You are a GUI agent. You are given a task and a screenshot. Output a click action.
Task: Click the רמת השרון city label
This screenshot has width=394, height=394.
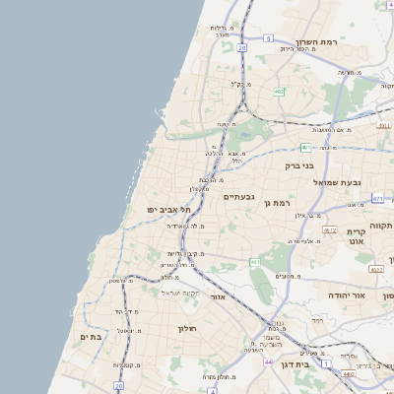pos(316,43)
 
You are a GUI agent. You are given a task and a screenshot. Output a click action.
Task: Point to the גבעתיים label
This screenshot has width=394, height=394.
pos(239,196)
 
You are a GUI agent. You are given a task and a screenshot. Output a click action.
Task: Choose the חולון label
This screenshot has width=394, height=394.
pos(188,328)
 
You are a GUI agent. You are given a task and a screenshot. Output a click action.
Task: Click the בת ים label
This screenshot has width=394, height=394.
pos(90,337)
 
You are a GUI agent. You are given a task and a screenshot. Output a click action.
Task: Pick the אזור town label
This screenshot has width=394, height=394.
pos(219,296)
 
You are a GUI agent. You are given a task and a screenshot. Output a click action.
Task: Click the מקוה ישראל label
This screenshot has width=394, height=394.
pos(180,294)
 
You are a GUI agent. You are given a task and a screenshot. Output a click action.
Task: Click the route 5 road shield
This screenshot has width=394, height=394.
pos(267,38)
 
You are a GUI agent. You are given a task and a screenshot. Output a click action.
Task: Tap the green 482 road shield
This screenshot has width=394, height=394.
pos(279,92)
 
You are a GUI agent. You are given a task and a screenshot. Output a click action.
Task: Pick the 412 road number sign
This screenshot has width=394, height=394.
pos(330,230)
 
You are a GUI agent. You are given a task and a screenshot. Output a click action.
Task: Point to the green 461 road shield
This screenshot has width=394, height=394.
pos(254,263)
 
